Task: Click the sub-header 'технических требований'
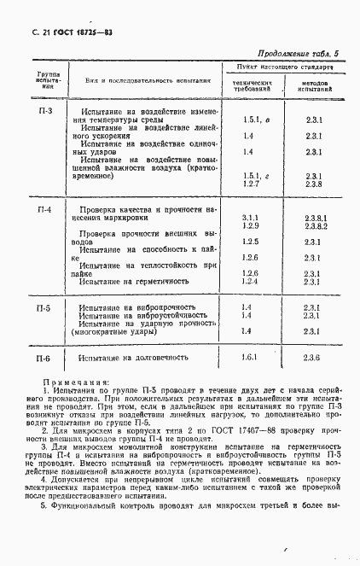pos(252,85)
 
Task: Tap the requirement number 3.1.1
pos(250,218)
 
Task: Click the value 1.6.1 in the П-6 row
pos(250,358)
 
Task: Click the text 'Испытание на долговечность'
pos(131,359)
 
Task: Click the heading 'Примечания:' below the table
pos(76,383)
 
